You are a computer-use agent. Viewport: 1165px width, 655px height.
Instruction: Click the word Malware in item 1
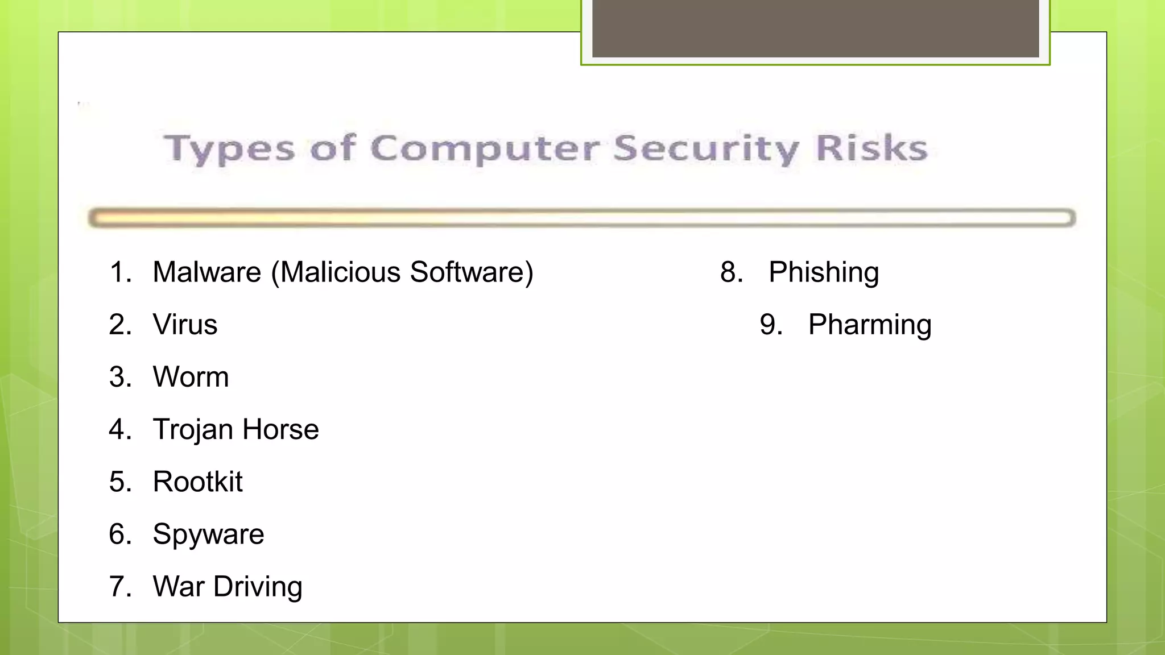coord(207,272)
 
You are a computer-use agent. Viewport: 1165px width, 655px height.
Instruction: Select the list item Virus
coord(185,325)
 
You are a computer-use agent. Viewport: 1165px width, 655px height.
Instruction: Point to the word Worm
coord(191,377)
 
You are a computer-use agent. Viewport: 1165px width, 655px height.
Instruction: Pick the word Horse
coord(280,429)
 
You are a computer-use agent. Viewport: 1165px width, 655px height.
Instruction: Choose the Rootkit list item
coord(197,482)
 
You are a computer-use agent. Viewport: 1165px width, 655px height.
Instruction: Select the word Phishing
coord(824,272)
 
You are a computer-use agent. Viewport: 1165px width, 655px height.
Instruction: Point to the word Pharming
coord(870,325)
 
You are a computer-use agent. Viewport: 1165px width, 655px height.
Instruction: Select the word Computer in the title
coord(485,149)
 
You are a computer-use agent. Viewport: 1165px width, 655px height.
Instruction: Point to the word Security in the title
coord(707,149)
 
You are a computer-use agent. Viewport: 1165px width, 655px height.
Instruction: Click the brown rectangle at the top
coord(815,28)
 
